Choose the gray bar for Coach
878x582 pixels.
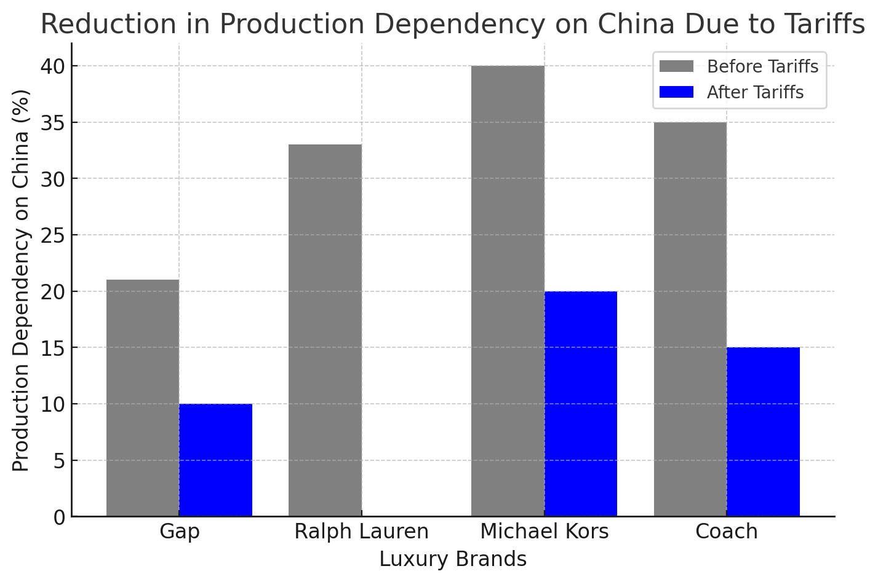(690, 320)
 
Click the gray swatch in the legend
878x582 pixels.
(676, 66)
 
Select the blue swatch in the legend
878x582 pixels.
(676, 92)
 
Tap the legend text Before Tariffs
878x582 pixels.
(762, 66)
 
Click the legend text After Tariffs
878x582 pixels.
(755, 92)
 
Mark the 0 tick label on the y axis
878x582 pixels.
(59, 517)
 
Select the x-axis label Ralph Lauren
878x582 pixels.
(361, 532)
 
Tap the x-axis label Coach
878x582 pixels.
(726, 532)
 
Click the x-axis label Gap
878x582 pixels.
(179, 532)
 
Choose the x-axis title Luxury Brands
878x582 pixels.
(453, 559)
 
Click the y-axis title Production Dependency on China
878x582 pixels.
(22, 280)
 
